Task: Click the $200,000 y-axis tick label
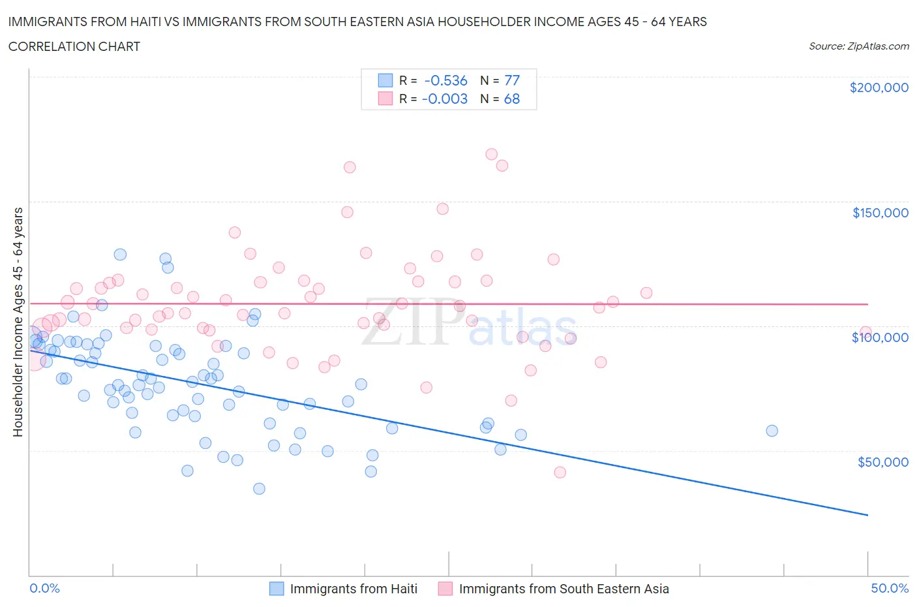[x=879, y=87]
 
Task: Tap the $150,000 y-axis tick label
[x=880, y=213]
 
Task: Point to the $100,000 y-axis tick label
[x=880, y=337]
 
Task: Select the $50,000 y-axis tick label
[x=882, y=462]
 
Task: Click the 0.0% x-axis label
[x=44, y=588]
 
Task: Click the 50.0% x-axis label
[x=890, y=588]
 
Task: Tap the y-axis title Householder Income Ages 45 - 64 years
[x=18, y=322]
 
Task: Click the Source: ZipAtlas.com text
[x=858, y=46]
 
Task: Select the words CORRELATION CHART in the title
[x=74, y=46]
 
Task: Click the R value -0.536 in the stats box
[x=445, y=80]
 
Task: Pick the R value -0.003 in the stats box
[x=445, y=99]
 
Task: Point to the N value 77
[x=512, y=80]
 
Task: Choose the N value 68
[x=512, y=99]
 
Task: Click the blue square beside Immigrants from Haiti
[x=277, y=589]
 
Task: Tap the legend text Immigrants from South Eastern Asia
[x=564, y=589]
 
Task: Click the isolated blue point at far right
[x=772, y=431]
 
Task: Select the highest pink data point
[x=491, y=155]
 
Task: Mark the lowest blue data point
[x=259, y=489]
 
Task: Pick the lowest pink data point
[x=560, y=473]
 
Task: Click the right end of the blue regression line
[x=867, y=515]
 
